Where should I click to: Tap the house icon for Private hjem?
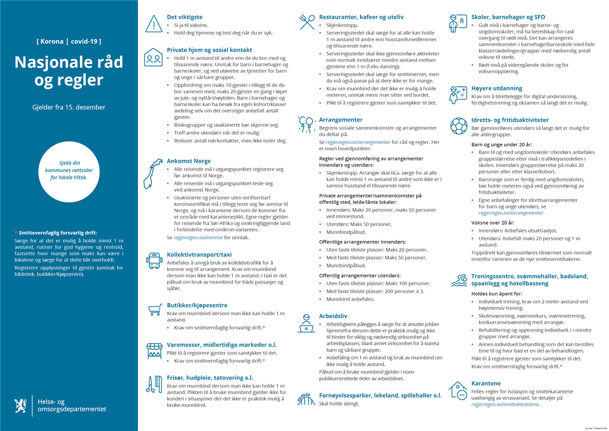coord(153,58)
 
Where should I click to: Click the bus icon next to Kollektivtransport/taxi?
coord(154,260)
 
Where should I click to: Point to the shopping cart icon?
coord(154,309)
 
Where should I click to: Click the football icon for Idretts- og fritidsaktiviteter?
coord(458,125)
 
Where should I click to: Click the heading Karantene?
coord(486,383)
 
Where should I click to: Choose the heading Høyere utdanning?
coord(496,88)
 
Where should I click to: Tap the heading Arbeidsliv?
coord(333,315)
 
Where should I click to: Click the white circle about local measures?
coord(69,171)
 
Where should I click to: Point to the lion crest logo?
coord(20,405)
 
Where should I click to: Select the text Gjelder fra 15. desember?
coord(69,107)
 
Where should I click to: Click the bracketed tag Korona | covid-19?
coord(69,41)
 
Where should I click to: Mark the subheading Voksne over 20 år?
coord(493,222)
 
